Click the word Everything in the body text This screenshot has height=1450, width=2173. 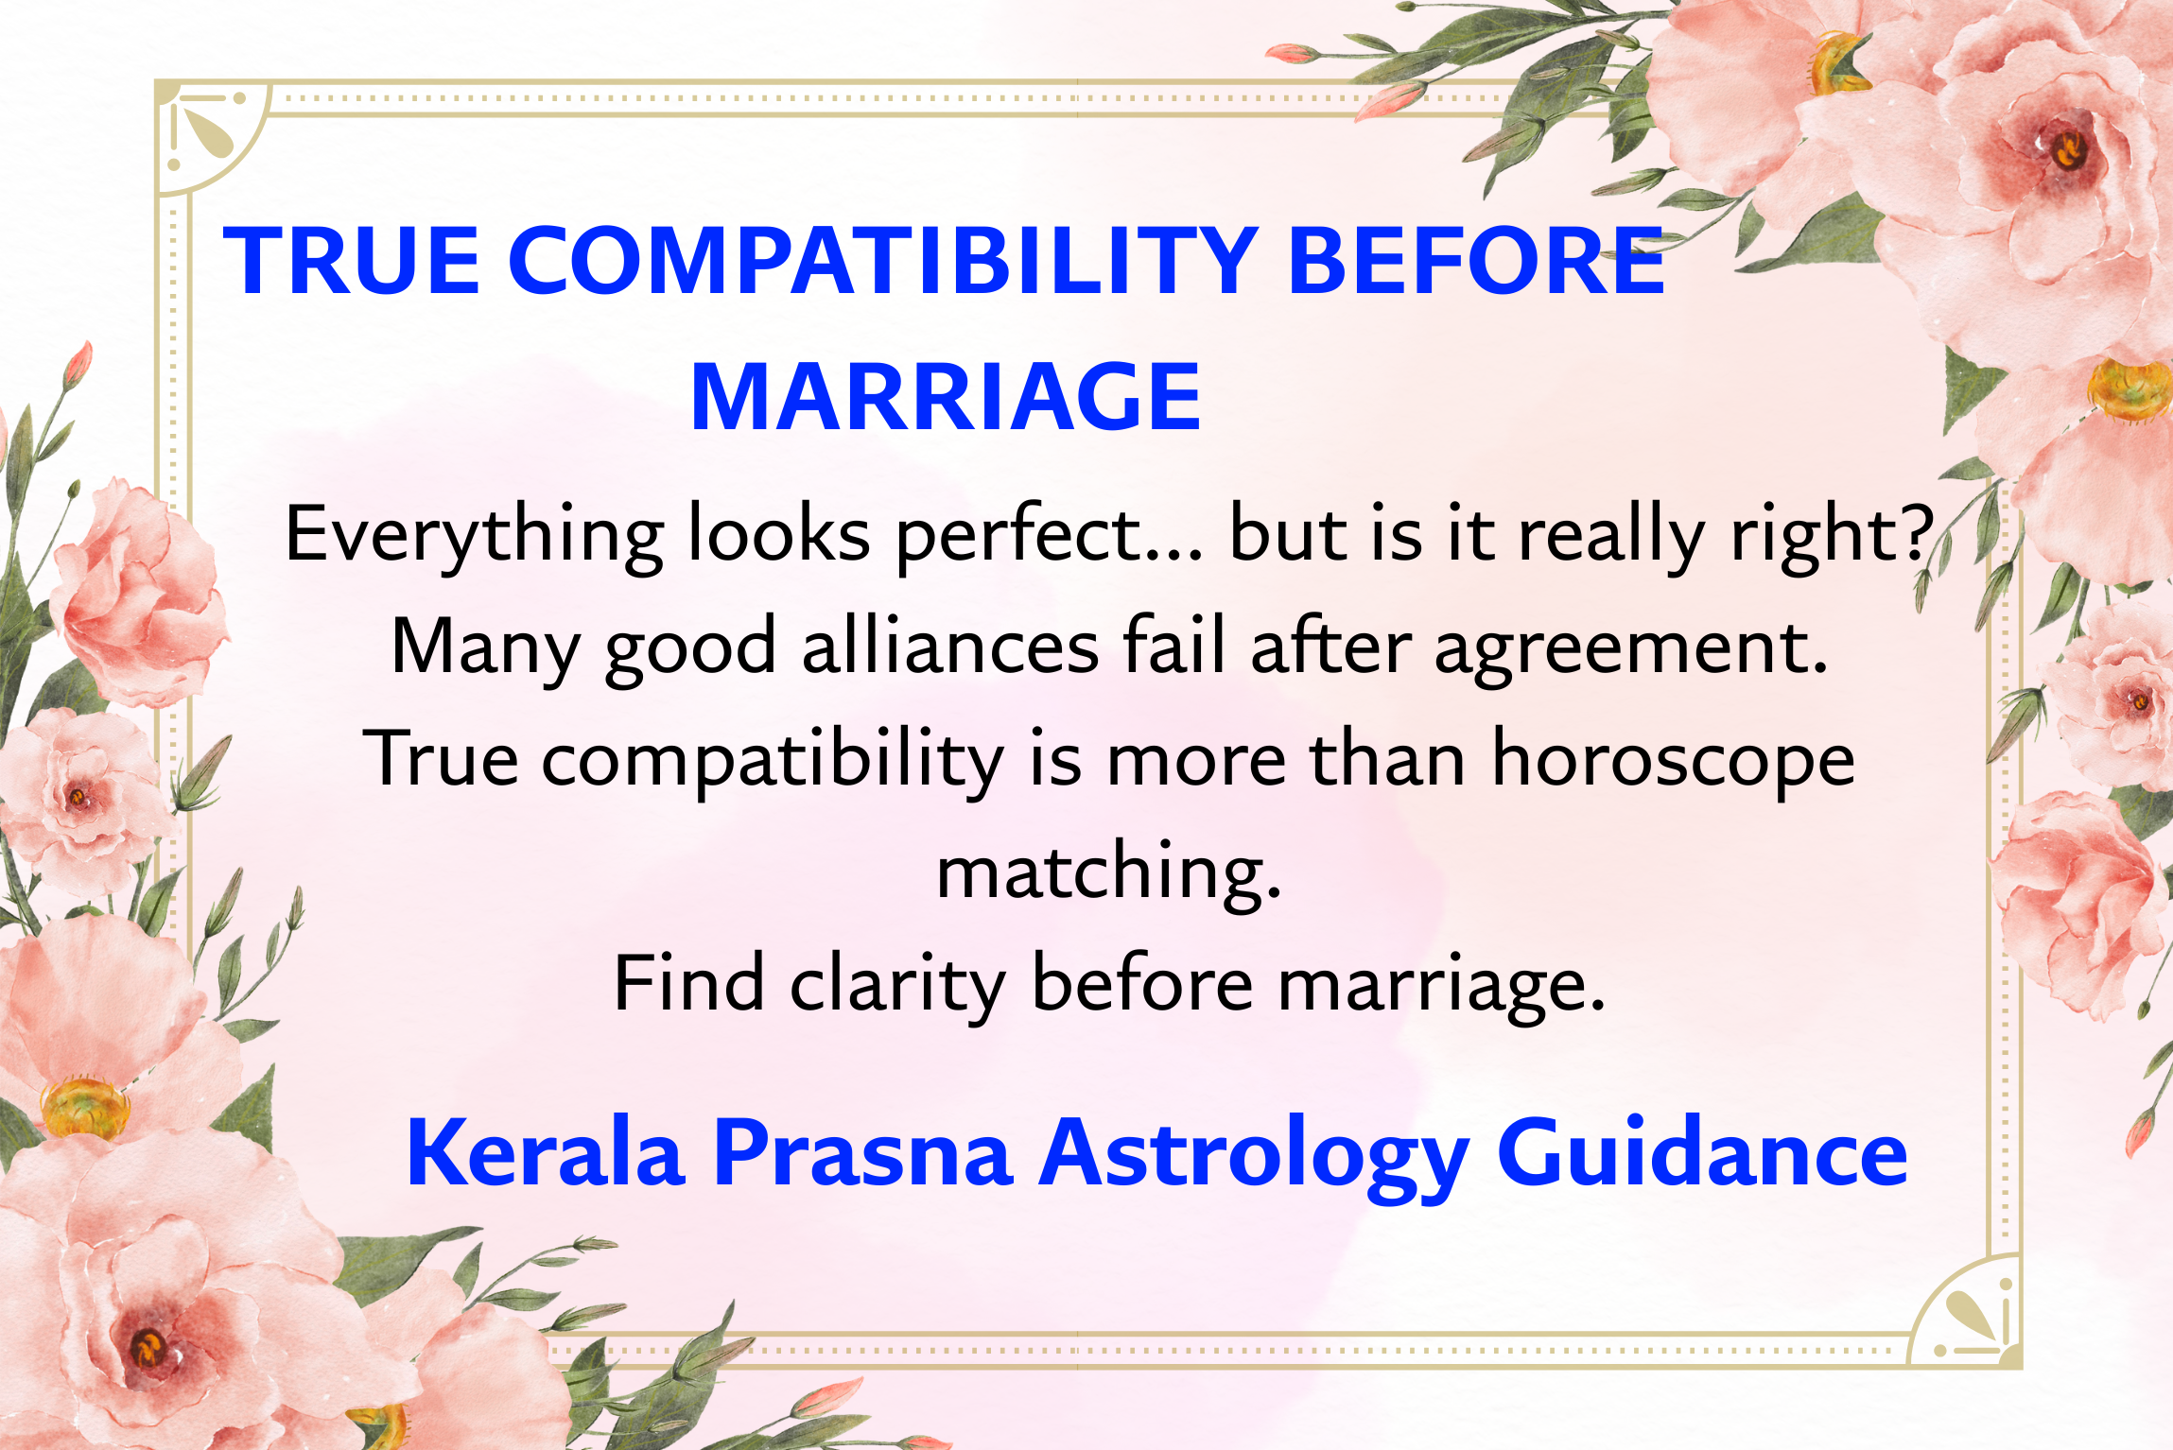click(473, 535)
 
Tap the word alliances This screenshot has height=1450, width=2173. click(949, 647)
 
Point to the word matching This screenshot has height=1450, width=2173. click(1108, 872)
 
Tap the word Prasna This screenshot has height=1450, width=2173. click(862, 1152)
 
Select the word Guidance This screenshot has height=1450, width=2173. click(1701, 1152)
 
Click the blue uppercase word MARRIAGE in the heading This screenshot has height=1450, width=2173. click(946, 398)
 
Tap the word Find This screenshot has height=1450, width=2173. click(688, 983)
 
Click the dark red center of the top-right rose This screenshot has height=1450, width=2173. click(2066, 148)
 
